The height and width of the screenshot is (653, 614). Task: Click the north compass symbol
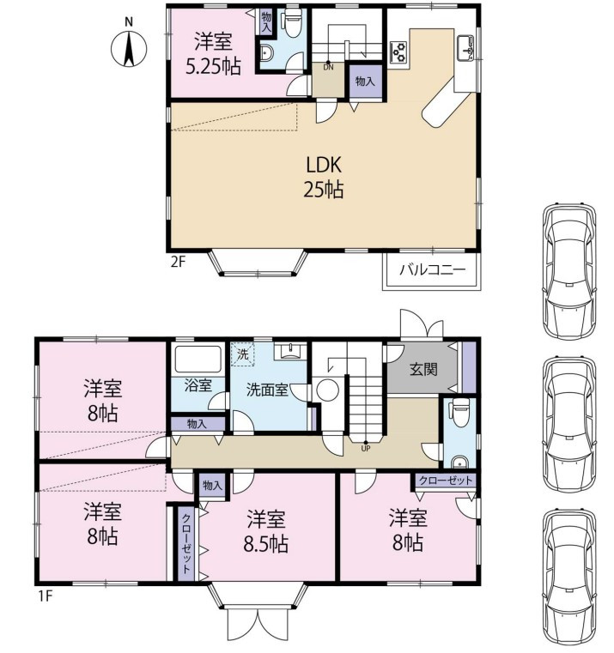[129, 49]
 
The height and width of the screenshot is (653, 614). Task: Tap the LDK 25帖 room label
[324, 177]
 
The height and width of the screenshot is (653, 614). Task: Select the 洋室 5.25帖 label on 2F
[213, 54]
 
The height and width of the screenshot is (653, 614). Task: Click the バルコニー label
[432, 269]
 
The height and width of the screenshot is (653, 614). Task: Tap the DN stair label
[328, 67]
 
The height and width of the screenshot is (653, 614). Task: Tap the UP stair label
[366, 449]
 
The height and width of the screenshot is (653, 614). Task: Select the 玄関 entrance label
[423, 369]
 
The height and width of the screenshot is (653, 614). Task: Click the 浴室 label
[198, 385]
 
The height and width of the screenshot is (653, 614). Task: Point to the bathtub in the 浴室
[198, 359]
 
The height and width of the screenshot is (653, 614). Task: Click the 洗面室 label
[267, 390]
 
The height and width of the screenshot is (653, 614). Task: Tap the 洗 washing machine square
[243, 354]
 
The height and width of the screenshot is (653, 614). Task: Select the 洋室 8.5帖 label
[266, 531]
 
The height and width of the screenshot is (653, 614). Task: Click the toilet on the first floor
[459, 412]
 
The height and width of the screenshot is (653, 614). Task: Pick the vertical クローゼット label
[185, 543]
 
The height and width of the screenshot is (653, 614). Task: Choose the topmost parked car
[569, 269]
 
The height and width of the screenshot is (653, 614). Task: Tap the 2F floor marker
[178, 263]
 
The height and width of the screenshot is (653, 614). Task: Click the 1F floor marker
[45, 596]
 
